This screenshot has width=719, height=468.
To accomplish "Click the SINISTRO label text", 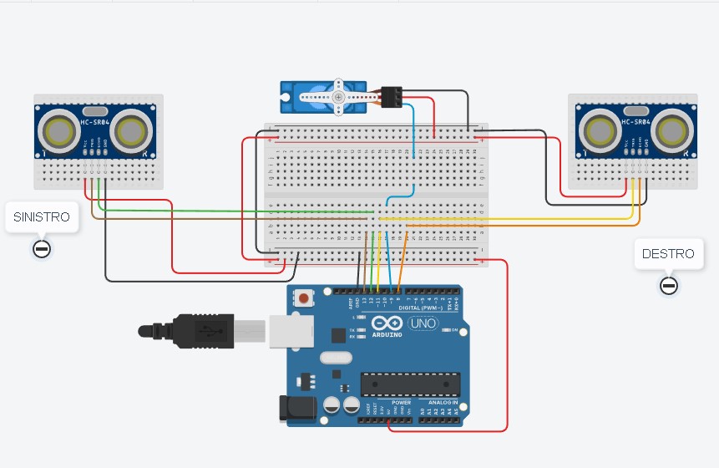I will point(42,216).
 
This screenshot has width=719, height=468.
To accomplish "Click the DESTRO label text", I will point(668,253).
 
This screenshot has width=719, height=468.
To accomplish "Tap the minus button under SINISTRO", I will point(42,248).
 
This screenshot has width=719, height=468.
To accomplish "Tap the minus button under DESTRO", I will point(668,287).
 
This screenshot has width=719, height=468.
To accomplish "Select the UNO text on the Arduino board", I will point(423,323).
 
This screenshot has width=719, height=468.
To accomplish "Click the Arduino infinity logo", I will point(387,323).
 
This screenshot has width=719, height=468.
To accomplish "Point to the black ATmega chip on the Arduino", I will point(410,384).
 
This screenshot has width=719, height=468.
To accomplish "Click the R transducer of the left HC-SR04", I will point(133,130).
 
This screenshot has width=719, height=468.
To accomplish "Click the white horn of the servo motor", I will point(337,98).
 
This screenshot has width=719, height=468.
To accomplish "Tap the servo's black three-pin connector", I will point(391,97).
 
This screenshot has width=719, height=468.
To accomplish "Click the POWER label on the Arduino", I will point(390,403).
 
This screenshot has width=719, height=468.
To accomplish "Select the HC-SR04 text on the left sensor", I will point(96,123).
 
